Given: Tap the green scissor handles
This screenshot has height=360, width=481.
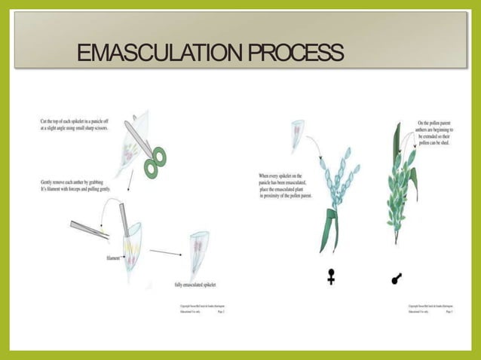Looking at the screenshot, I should (x=156, y=162).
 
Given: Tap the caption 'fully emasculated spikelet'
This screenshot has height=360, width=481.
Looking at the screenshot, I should (x=195, y=284).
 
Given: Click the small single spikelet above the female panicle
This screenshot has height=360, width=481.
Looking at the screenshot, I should (x=299, y=132).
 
